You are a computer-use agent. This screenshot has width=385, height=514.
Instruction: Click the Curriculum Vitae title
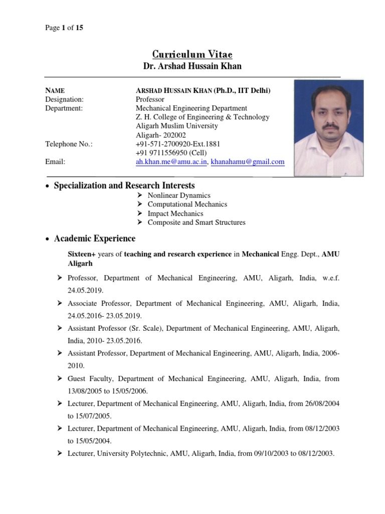pyautogui.click(x=192, y=54)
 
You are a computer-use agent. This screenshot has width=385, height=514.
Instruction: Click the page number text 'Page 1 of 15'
pyautogui.click(x=64, y=28)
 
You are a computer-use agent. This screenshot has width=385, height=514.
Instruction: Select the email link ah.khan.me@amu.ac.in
pyautogui.click(x=172, y=162)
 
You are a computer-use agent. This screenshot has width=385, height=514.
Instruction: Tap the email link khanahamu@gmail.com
pyautogui.click(x=248, y=162)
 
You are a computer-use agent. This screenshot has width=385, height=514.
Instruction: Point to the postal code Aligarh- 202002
pyautogui.click(x=160, y=135)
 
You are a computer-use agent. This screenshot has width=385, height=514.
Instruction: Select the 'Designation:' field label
pyautogui.click(x=65, y=99)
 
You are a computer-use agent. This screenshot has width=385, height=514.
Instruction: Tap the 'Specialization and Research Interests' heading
pyautogui.click(x=124, y=186)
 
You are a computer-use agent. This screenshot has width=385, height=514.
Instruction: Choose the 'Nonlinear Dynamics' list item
pyautogui.click(x=179, y=195)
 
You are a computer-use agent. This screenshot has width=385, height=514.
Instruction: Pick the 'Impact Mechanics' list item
pyautogui.click(x=175, y=213)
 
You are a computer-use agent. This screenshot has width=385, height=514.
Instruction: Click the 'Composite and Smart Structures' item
pyautogui.click(x=197, y=222)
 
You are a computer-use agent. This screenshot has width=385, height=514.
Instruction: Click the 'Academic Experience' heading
pyautogui.click(x=94, y=238)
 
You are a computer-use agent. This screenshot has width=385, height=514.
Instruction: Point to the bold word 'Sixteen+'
pyautogui.click(x=82, y=254)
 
